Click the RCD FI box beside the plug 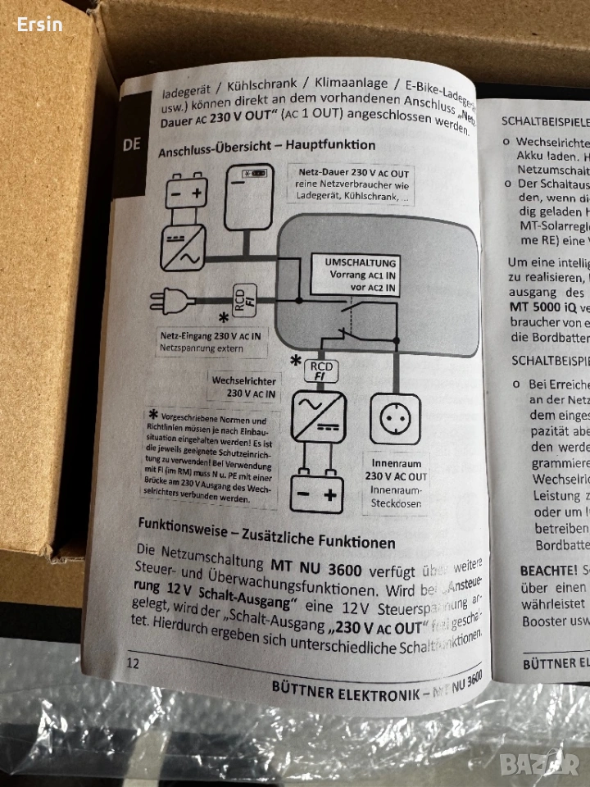pyautogui.click(x=245, y=300)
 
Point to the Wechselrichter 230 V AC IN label pyautogui.click(x=243, y=387)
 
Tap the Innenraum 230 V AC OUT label pyautogui.click(x=396, y=470)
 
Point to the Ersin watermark pyautogui.click(x=39, y=24)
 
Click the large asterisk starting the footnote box pyautogui.click(x=152, y=414)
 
